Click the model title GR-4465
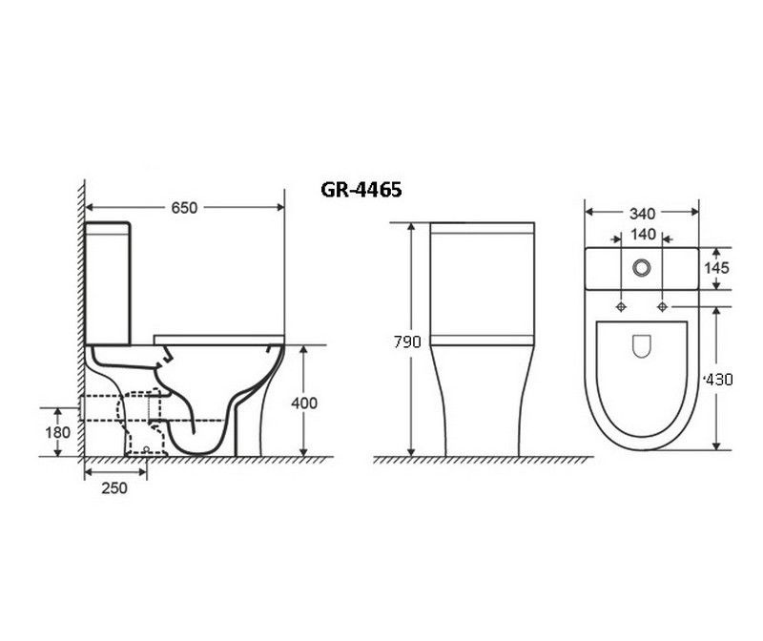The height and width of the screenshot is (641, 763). click(x=361, y=190)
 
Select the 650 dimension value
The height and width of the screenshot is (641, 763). click(x=184, y=208)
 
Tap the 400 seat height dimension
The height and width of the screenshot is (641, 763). click(x=304, y=403)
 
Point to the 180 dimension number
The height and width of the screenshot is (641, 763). click(x=58, y=432)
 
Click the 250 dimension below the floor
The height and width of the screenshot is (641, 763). click(x=114, y=487)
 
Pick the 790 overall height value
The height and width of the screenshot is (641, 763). click(x=407, y=342)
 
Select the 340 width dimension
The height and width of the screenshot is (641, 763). click(x=642, y=213)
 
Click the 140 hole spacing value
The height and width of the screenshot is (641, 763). click(x=643, y=235)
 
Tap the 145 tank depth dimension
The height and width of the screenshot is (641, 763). click(x=717, y=268)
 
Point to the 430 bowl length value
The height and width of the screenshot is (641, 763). click(x=719, y=379)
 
